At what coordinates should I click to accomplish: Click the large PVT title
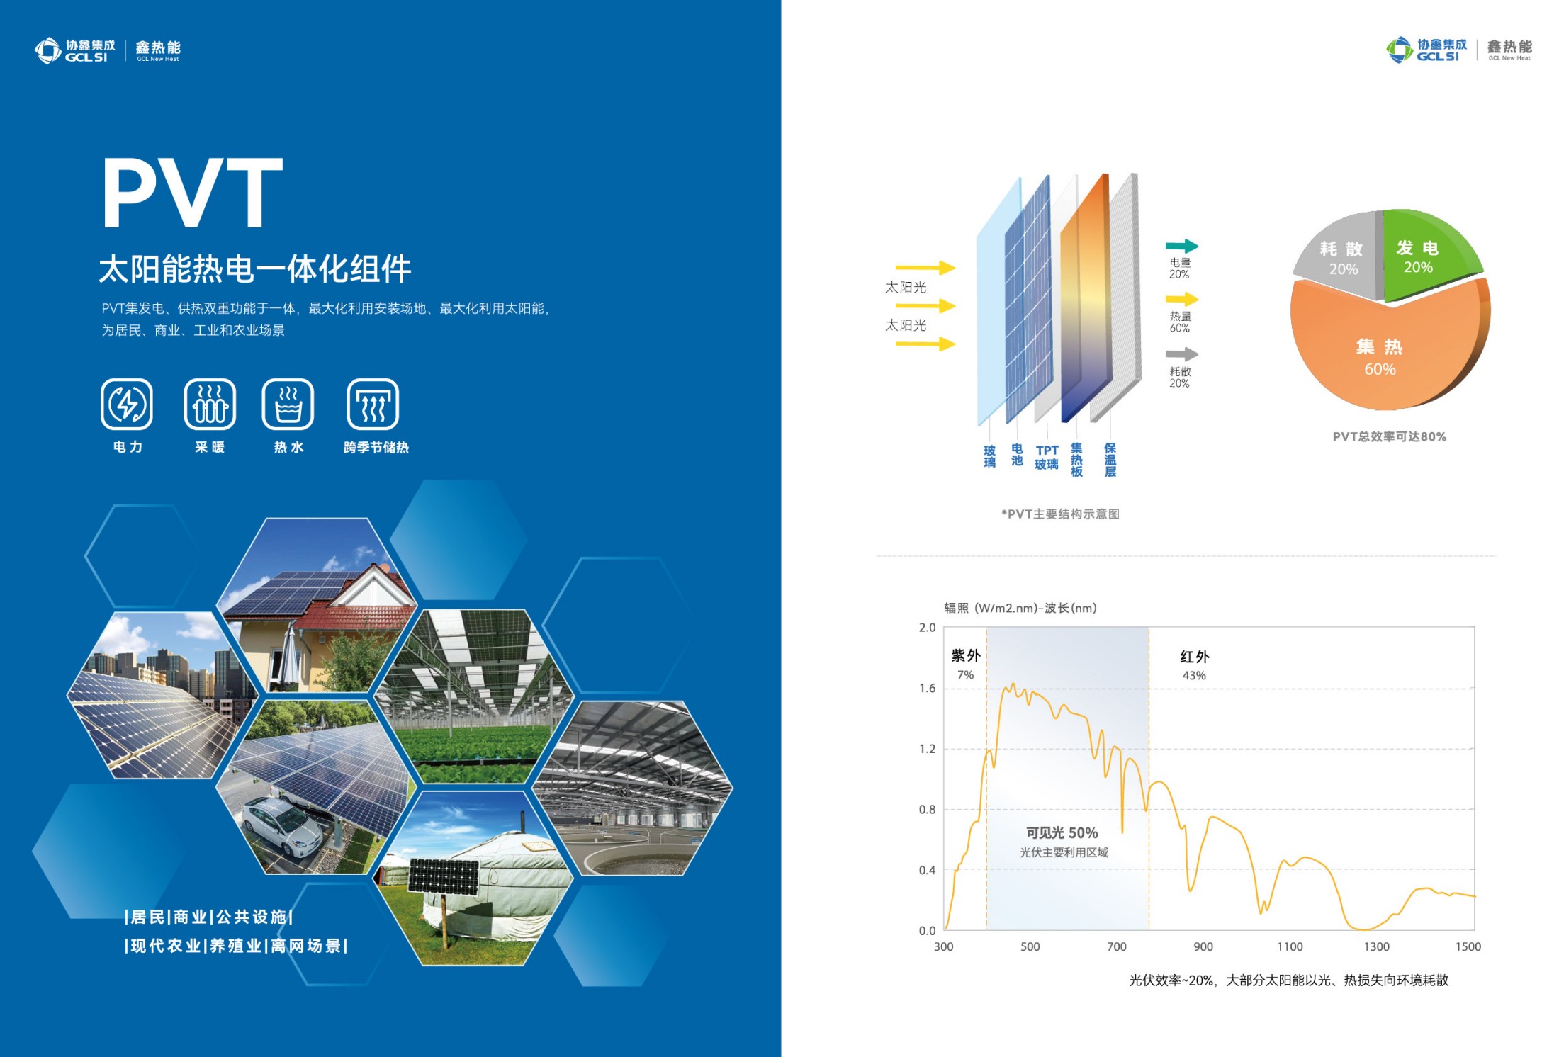(x=193, y=192)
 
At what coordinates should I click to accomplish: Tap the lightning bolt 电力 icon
(x=127, y=405)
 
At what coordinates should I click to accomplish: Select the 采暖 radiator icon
(x=210, y=405)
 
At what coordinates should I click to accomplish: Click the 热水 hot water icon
(x=288, y=405)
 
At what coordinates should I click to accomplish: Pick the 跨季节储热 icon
(x=373, y=405)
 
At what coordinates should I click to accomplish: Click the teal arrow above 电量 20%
(x=1182, y=246)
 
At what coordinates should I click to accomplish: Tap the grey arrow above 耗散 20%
(x=1182, y=354)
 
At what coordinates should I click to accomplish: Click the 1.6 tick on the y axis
(x=927, y=688)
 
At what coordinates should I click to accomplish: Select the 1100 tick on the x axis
(x=1290, y=946)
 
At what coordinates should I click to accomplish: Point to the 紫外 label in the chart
(x=965, y=655)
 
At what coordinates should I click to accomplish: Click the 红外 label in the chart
(x=1195, y=657)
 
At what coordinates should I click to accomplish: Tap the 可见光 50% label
(x=1062, y=832)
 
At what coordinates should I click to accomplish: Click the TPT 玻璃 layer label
(x=1047, y=457)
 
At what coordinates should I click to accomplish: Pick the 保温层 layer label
(x=1110, y=460)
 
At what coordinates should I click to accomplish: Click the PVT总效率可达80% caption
(x=1389, y=436)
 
